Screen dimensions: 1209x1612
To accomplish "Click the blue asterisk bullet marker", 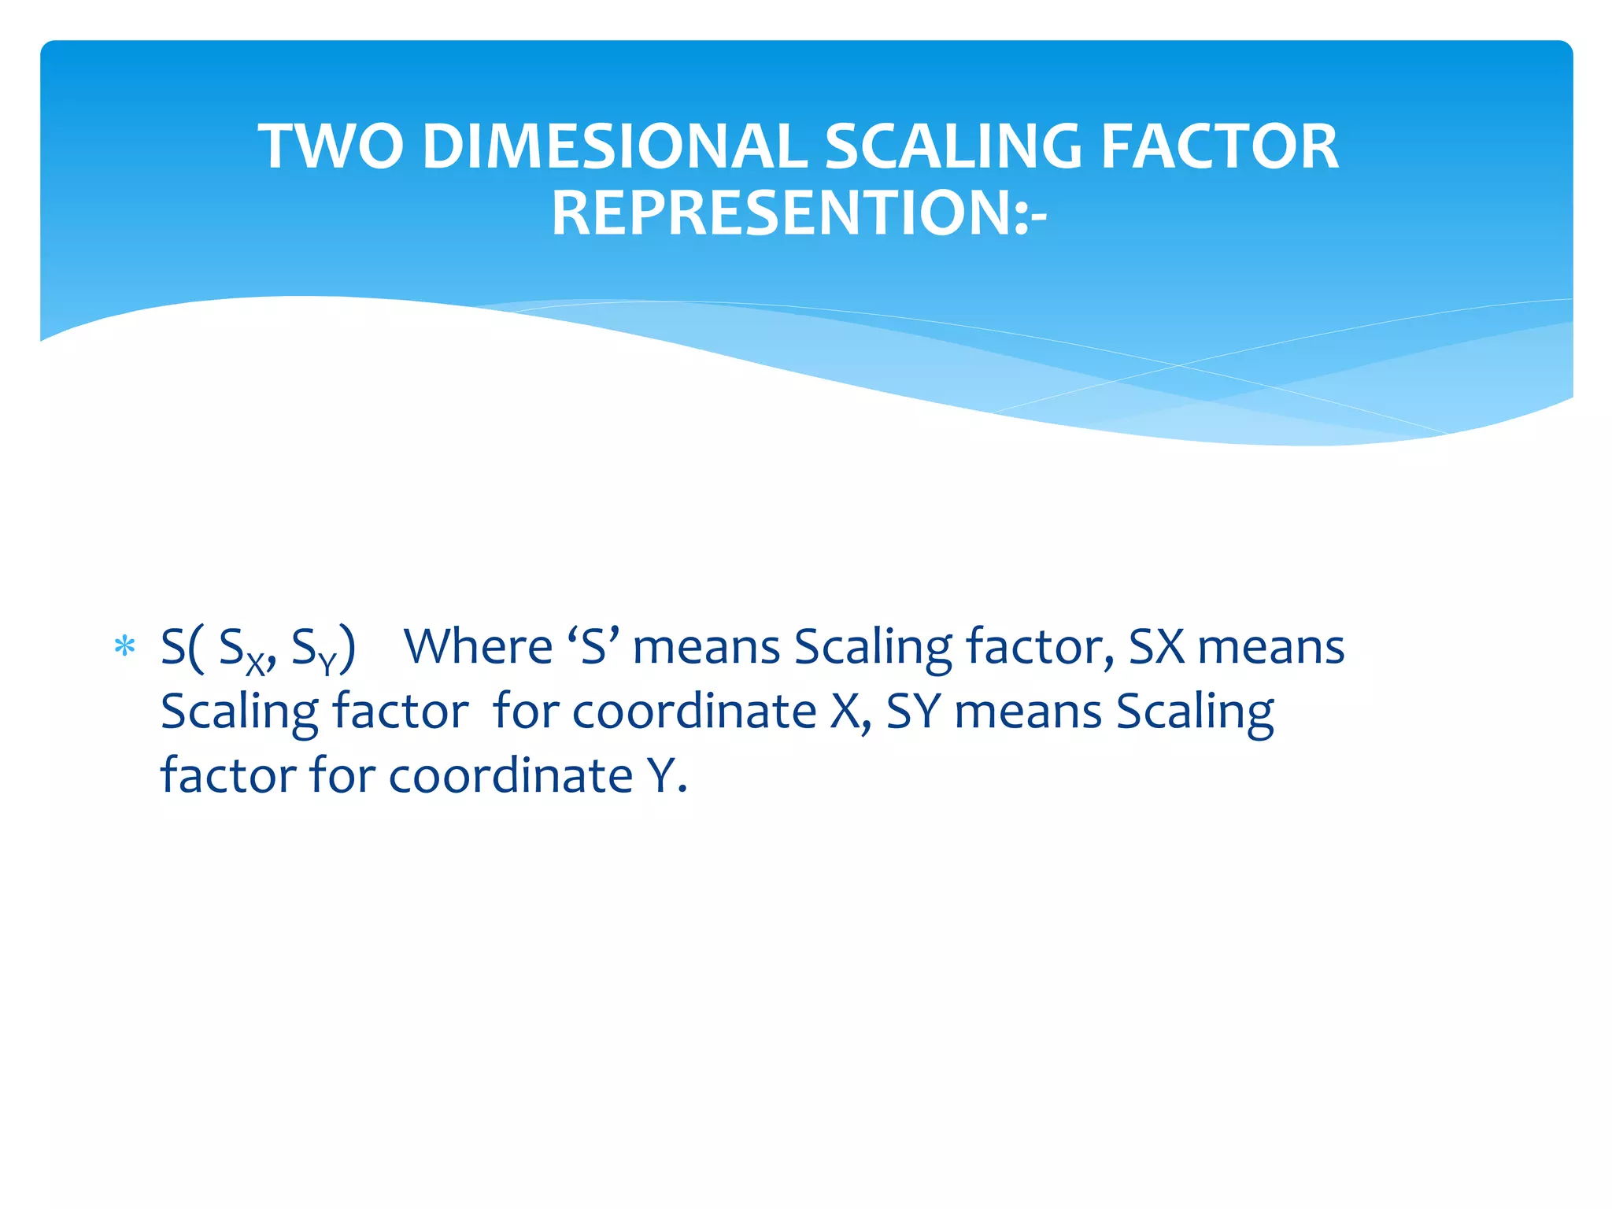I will (x=124, y=647).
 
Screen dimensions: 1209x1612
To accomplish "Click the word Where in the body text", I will (x=478, y=647).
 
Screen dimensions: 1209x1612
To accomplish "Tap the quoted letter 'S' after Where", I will (x=593, y=647).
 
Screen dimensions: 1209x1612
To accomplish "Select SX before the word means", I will (x=1156, y=647).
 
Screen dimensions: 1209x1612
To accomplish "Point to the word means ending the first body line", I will (x=1271, y=647).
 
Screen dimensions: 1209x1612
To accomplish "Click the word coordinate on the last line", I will (x=511, y=776).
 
